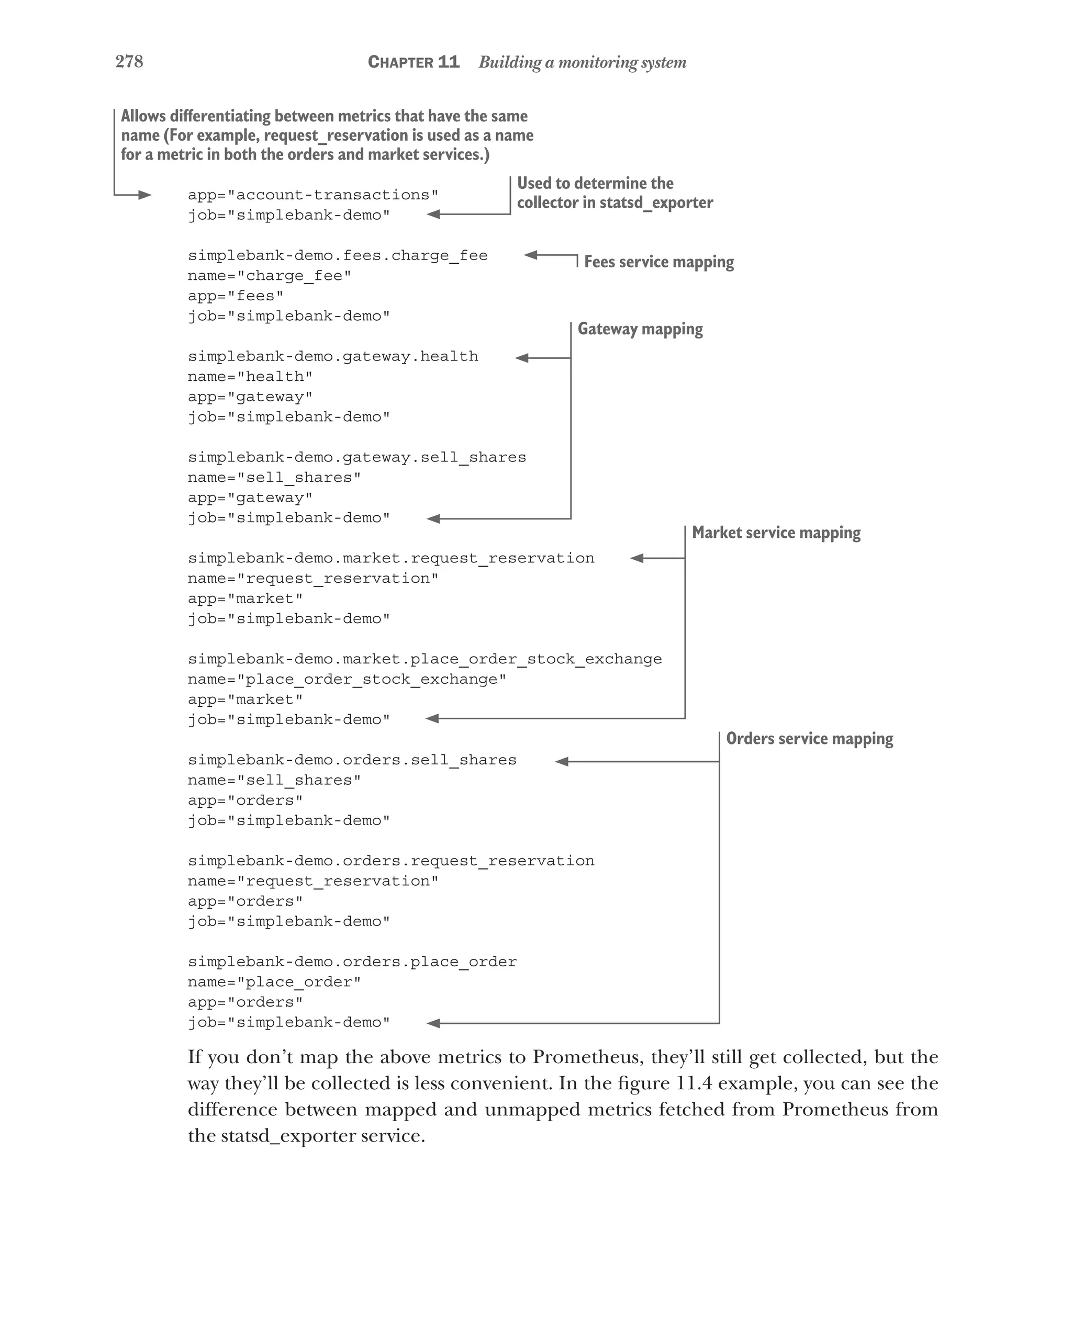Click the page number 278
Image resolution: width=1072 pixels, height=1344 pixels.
click(129, 61)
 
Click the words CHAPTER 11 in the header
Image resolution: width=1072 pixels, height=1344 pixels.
click(414, 62)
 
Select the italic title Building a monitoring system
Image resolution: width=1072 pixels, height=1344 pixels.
click(582, 62)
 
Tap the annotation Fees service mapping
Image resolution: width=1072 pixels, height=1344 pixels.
click(658, 262)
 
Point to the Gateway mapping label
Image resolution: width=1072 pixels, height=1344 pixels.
click(640, 329)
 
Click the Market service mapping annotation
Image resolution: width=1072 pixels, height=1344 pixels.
click(776, 533)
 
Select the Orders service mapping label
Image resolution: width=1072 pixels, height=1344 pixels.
click(809, 738)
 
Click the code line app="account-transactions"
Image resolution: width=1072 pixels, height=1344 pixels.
click(313, 195)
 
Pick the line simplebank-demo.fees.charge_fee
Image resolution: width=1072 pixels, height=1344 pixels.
click(338, 256)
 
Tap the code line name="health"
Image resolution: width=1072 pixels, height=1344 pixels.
click(250, 377)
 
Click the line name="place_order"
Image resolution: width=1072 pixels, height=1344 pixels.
click(274, 982)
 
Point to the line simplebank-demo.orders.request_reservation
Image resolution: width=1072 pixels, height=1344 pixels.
click(391, 861)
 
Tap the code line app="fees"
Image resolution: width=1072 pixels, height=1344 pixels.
click(235, 296)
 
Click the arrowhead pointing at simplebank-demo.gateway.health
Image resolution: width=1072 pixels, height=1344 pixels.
click(522, 358)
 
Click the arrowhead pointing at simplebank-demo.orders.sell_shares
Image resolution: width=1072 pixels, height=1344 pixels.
click(561, 761)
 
